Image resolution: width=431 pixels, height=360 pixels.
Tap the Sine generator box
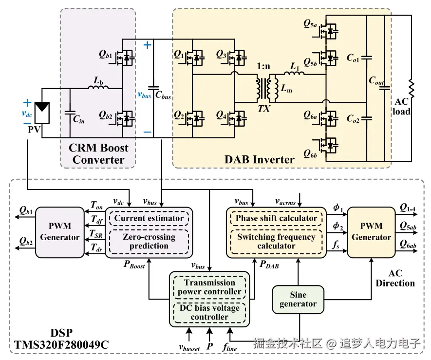click(298, 299)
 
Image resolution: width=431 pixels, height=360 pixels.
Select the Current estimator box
click(149, 218)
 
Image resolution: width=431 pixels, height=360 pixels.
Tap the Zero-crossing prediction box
click(149, 241)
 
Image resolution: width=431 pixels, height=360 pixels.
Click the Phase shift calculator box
click(276, 218)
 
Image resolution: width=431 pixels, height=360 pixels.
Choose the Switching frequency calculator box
click(276, 241)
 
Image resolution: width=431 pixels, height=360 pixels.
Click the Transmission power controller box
click(209, 287)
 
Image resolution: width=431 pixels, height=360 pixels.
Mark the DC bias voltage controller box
click(209, 312)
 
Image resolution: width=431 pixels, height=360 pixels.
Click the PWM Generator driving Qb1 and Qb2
click(60, 231)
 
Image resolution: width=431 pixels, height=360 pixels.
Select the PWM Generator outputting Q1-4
click(371, 231)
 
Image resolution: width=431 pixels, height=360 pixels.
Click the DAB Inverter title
click(259, 159)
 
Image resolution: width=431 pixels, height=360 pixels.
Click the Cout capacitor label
click(376, 81)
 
